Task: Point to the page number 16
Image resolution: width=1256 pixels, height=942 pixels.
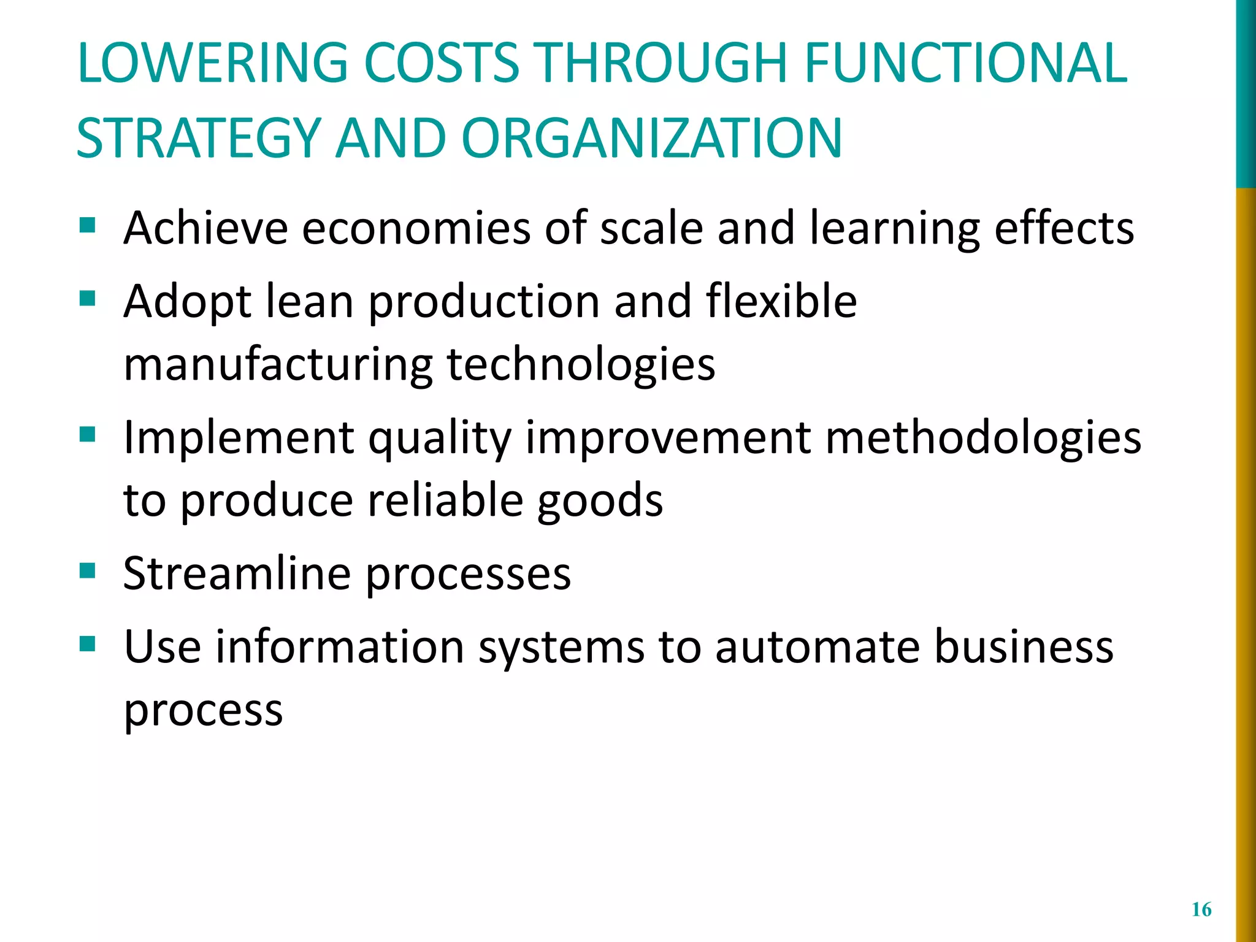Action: (x=1201, y=909)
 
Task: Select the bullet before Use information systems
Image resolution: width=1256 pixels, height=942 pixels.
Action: (x=88, y=645)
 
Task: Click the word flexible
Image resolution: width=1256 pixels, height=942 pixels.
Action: (x=781, y=302)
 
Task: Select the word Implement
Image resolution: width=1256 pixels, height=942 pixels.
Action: (x=239, y=438)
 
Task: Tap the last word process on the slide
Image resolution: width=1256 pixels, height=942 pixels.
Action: (x=203, y=711)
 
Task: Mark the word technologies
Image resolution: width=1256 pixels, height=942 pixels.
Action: (x=581, y=364)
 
